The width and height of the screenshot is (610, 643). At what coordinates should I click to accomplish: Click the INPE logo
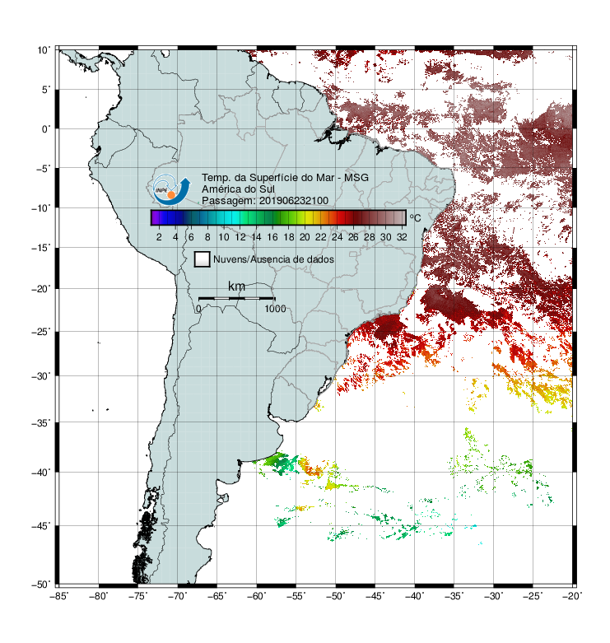tap(171, 189)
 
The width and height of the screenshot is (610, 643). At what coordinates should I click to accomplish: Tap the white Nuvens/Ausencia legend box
tap(203, 259)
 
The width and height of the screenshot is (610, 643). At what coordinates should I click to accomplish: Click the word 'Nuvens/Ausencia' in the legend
tap(244, 259)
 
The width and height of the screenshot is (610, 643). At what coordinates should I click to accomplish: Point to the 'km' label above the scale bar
tap(236, 287)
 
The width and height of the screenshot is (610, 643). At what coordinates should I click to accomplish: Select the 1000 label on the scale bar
tap(275, 309)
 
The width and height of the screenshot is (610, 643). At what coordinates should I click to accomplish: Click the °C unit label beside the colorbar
tap(415, 217)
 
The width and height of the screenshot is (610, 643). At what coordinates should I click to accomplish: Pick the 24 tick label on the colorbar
tap(337, 237)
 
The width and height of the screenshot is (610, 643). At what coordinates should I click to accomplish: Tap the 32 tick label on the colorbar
tap(402, 237)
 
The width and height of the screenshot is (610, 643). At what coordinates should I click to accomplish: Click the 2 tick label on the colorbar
tap(159, 237)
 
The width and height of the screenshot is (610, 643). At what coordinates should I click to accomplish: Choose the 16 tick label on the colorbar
tap(272, 237)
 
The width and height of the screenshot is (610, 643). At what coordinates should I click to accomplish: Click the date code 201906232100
tap(294, 201)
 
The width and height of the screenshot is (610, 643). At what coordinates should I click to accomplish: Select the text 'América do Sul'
tap(238, 189)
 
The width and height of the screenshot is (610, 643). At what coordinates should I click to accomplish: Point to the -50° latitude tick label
tap(41, 585)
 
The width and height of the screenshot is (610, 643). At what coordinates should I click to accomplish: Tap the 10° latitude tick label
tap(44, 50)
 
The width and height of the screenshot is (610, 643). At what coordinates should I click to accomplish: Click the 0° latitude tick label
tap(46, 129)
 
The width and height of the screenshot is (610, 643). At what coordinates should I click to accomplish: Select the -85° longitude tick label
tap(59, 596)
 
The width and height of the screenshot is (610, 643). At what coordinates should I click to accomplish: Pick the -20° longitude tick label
tap(572, 596)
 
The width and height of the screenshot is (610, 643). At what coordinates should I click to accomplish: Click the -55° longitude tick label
tap(296, 596)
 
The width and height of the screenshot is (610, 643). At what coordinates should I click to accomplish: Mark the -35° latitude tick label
tap(41, 423)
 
